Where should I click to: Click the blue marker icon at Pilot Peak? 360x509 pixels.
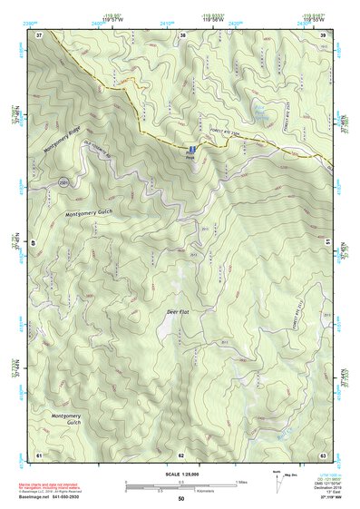click(192, 148)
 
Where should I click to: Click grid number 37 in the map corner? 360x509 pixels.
click(39, 34)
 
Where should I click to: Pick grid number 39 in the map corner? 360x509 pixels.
click(324, 34)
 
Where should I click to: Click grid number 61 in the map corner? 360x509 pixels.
click(39, 454)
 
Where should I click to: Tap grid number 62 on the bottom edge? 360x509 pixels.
click(181, 454)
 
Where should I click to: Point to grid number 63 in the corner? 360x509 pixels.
click(324, 454)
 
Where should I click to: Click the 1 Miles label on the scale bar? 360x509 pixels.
click(240, 482)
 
